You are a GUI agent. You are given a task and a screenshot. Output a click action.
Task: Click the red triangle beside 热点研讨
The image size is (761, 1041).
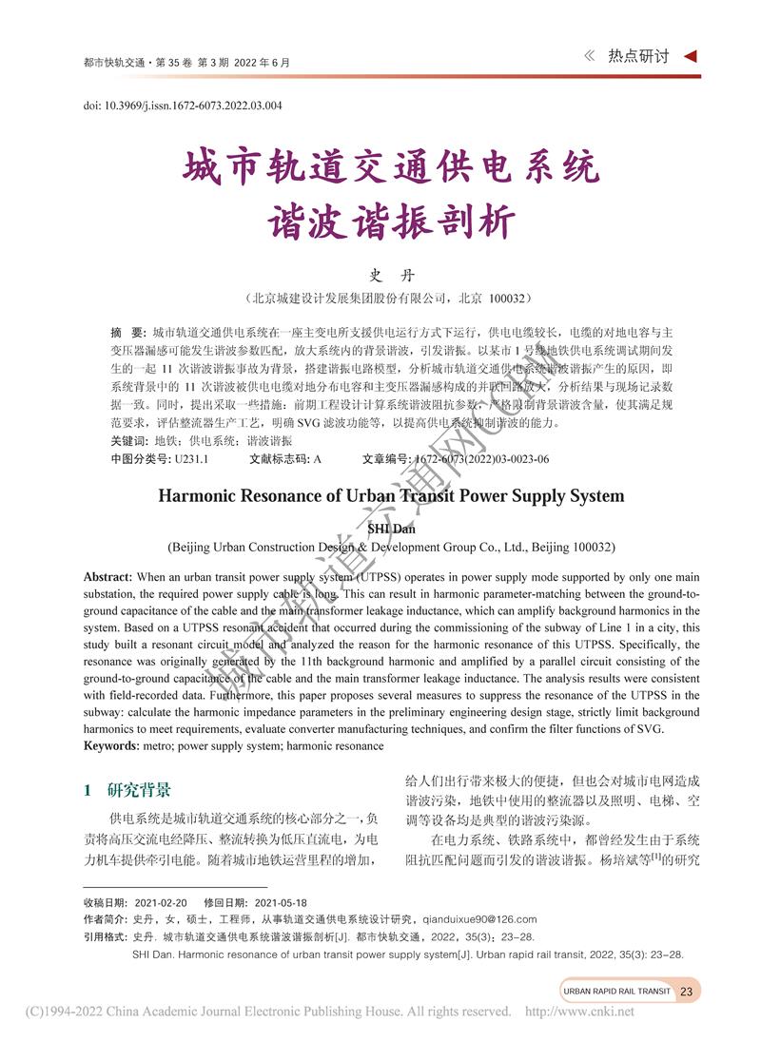click(692, 56)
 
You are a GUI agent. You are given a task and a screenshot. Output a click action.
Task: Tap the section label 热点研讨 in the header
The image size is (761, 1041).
click(638, 56)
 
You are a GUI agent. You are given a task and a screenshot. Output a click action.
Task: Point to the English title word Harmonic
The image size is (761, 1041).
click(202, 495)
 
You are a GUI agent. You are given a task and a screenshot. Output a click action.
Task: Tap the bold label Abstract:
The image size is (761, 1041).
click(107, 578)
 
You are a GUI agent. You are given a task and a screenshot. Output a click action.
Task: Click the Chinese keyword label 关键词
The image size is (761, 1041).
click(128, 442)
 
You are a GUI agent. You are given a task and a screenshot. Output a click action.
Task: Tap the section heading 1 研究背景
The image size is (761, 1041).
click(127, 789)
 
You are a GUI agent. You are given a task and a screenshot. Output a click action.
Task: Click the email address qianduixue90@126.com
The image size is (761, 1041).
click(479, 919)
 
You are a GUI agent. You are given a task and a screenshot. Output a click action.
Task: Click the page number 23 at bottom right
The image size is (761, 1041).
click(686, 992)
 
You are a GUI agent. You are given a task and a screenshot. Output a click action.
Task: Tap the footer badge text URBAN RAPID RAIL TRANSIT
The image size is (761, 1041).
click(616, 992)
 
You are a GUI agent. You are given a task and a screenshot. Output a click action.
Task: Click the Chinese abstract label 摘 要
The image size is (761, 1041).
click(127, 332)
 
